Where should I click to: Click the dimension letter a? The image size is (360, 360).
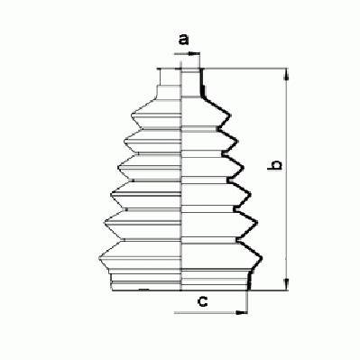pyautogui.click(x=183, y=40)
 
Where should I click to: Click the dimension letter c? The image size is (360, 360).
pyautogui.click(x=203, y=301)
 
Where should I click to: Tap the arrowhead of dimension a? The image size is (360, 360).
pyautogui.click(x=195, y=54)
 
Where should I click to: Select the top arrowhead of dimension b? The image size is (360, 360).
pyautogui.click(x=287, y=75)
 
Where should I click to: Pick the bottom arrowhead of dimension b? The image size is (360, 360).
pyautogui.click(x=287, y=284)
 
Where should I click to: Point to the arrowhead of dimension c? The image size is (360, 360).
pyautogui.click(x=242, y=313)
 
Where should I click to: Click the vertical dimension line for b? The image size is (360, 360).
pyautogui.click(x=287, y=180)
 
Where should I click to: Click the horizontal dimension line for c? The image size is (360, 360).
pyautogui.click(x=211, y=313)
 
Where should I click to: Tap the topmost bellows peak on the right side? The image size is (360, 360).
pyautogui.click(x=229, y=115)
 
